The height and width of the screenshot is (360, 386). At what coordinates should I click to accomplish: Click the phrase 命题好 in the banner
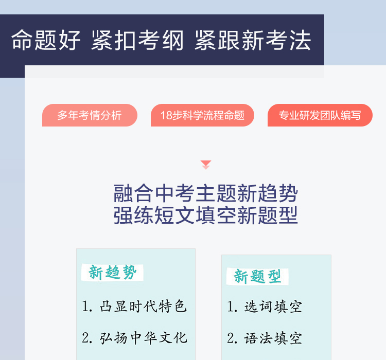tap(46, 40)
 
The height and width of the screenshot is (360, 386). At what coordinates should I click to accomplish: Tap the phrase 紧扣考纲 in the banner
tap(137, 40)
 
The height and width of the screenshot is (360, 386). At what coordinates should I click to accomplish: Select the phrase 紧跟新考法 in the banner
tap(253, 40)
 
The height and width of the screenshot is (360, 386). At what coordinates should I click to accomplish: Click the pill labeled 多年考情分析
tap(90, 115)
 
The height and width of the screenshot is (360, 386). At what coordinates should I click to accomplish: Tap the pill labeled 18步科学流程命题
tap(202, 115)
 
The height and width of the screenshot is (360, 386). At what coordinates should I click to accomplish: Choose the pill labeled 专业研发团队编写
tap(320, 115)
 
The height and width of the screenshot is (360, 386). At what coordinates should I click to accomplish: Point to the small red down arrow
tap(206, 165)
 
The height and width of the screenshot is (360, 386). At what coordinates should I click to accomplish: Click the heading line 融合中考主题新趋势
tap(205, 193)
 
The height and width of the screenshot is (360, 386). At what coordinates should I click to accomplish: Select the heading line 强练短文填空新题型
tap(205, 215)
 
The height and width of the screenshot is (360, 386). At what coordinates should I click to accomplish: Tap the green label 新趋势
tap(113, 273)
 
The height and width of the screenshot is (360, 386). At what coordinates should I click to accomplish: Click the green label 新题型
tap(257, 276)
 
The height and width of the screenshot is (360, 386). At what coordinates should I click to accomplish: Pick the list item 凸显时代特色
tap(143, 307)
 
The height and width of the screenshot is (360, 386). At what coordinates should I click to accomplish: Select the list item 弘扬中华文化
tap(143, 337)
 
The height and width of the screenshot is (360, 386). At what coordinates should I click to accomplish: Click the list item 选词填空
tap(273, 307)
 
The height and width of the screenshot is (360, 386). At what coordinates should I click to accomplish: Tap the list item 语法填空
tap(273, 338)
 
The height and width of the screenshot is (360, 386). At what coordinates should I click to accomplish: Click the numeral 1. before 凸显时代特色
tap(87, 307)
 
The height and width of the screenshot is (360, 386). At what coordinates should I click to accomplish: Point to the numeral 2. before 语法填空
tap(232, 338)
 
